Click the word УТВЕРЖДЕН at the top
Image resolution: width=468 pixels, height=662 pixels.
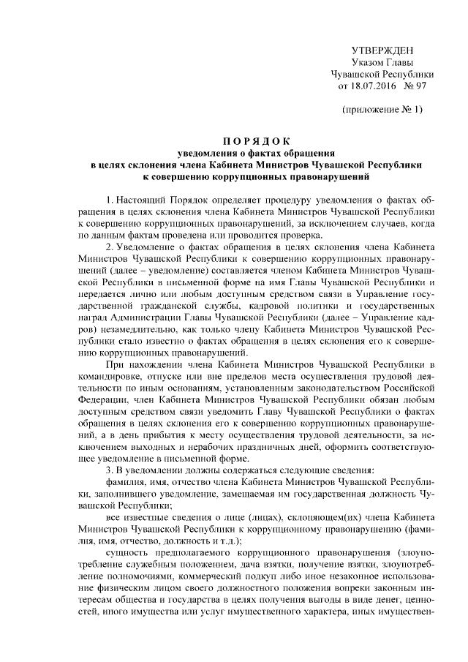[x=382, y=50]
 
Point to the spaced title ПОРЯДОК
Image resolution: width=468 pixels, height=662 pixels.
[x=257, y=141]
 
